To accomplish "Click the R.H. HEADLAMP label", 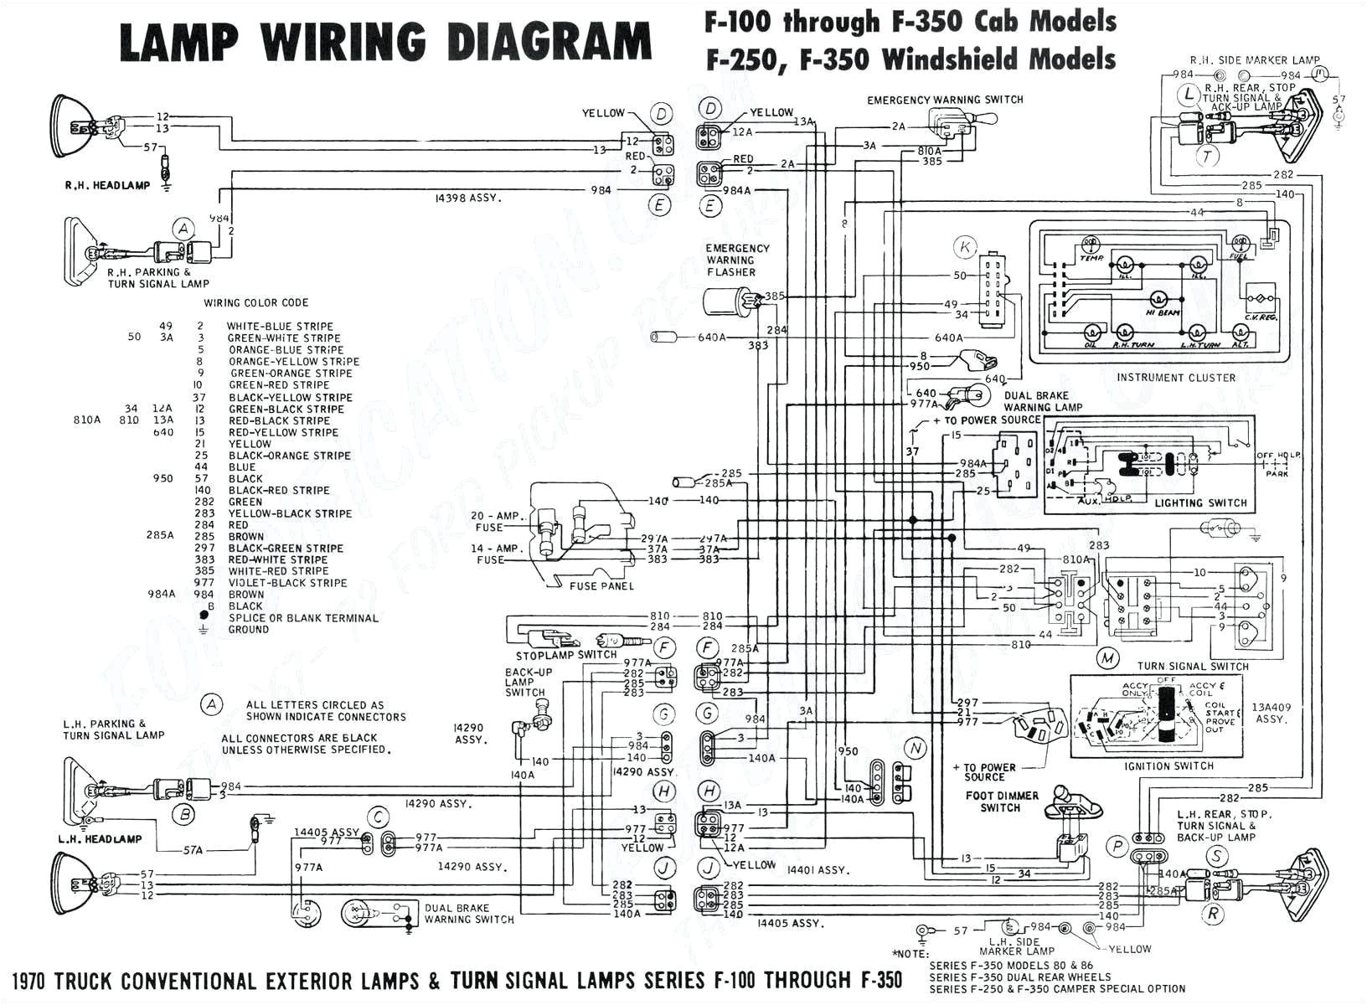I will (107, 185).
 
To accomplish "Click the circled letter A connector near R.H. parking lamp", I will (183, 229).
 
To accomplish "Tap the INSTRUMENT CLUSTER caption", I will (1175, 378).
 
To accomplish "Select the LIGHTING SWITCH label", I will (1200, 503).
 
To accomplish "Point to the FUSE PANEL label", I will (601, 586).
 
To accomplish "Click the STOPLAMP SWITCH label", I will (566, 655).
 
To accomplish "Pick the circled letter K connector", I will (966, 247).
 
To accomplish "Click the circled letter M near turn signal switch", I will (1107, 658).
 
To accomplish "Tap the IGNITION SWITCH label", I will (1169, 766).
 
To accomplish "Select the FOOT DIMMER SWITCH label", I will (1001, 801).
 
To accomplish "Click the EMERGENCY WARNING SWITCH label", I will (945, 100).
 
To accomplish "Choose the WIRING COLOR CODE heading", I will (255, 303).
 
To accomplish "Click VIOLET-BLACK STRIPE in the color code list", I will (287, 583).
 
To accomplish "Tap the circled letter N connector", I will (915, 748).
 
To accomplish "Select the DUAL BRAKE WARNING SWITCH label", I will (468, 913).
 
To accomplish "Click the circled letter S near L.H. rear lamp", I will (1215, 856).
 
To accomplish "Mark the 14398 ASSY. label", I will (467, 198).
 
